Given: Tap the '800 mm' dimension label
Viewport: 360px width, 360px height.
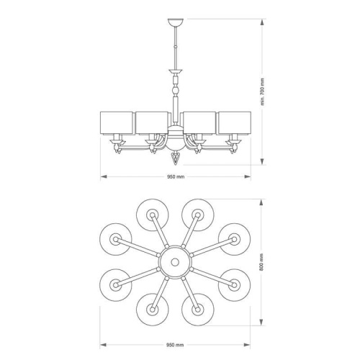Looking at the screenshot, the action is point(261,262).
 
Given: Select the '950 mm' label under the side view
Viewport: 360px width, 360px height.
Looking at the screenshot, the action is point(176,177).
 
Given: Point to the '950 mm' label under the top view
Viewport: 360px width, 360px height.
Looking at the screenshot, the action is point(175,345).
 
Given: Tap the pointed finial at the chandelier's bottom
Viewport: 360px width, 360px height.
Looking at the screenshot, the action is point(176,158).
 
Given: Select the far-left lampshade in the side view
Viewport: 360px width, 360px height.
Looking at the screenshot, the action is point(117,123).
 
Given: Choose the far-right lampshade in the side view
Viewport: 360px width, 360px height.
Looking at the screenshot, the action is point(235,123).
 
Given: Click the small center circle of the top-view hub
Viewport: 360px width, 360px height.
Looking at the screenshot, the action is point(175,262).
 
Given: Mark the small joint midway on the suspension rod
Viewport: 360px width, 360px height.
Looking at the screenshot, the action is point(176,47).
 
